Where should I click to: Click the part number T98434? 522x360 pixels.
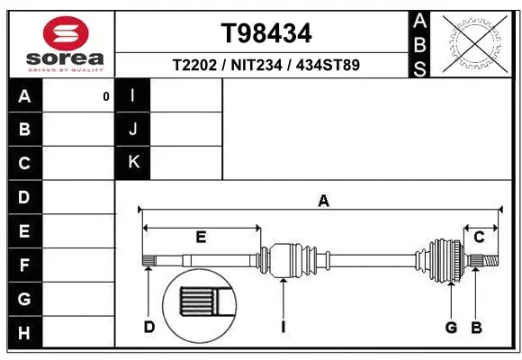[266, 33]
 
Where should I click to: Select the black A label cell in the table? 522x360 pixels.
[24, 95]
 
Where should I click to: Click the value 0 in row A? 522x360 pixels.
[105, 96]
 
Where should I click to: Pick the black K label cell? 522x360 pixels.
[133, 162]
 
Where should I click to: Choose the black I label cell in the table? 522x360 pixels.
[133, 95]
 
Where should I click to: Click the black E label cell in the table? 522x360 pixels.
[24, 231]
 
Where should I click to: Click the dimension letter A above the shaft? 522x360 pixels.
[323, 201]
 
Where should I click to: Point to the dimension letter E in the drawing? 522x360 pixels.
[202, 238]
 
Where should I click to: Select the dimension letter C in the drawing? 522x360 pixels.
[479, 237]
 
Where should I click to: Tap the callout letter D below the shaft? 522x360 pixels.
[149, 327]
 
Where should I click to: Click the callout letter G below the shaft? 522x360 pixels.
[451, 327]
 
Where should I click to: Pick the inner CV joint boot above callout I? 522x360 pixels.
[291, 260]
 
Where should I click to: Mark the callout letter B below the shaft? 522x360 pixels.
[477, 327]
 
